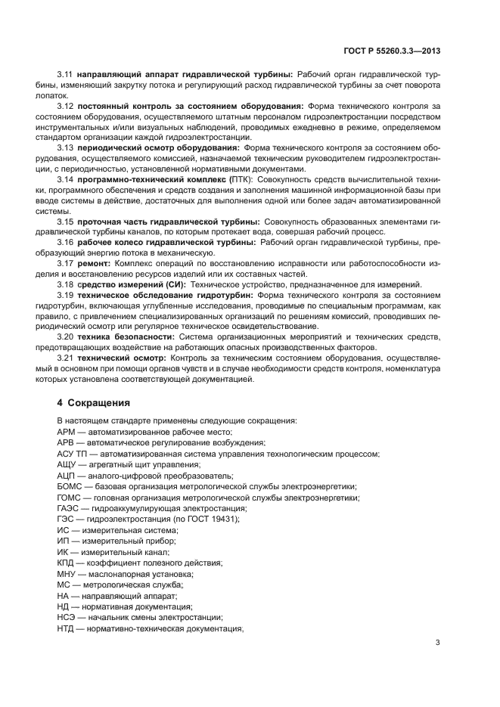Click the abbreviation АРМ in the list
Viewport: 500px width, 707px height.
(x=66, y=431)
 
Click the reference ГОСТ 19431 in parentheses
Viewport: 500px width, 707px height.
(x=213, y=519)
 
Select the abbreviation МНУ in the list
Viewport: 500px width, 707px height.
(x=67, y=574)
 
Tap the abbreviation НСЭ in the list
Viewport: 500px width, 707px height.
(x=67, y=618)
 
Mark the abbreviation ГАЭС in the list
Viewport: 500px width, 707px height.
(x=68, y=509)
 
